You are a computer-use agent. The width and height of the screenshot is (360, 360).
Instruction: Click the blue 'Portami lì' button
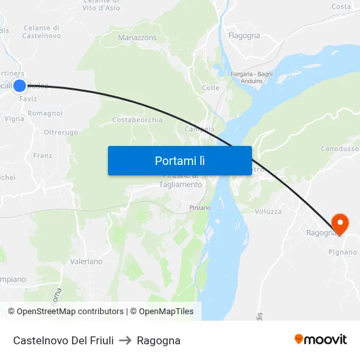point(179,160)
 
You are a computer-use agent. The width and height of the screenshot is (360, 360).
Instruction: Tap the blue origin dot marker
point(20,86)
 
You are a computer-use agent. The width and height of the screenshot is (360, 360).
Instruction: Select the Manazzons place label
point(137,38)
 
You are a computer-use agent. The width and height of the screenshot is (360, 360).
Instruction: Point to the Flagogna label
point(244,35)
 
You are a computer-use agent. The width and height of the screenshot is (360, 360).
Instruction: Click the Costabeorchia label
point(137,120)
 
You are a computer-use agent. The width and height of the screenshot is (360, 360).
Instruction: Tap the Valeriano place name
point(86,261)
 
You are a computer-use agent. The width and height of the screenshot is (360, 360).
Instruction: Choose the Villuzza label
point(268,211)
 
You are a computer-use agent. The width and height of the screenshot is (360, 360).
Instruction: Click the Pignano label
point(342,252)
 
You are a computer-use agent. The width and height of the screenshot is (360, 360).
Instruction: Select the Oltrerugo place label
point(61,132)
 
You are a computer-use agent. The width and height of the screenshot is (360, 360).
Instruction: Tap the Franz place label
point(43,156)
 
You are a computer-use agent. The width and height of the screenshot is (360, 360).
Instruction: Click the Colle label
point(211,88)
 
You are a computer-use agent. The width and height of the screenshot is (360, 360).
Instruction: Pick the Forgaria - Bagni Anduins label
point(252,77)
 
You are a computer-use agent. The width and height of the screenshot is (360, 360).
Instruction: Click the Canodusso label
point(340,149)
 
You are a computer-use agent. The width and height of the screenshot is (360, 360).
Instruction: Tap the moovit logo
point(321,339)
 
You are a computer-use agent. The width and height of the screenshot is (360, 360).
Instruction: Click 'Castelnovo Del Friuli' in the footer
point(63,340)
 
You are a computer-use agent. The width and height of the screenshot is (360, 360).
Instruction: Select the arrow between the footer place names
point(125,340)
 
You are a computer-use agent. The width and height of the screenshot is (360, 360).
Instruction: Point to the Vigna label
point(14,118)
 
